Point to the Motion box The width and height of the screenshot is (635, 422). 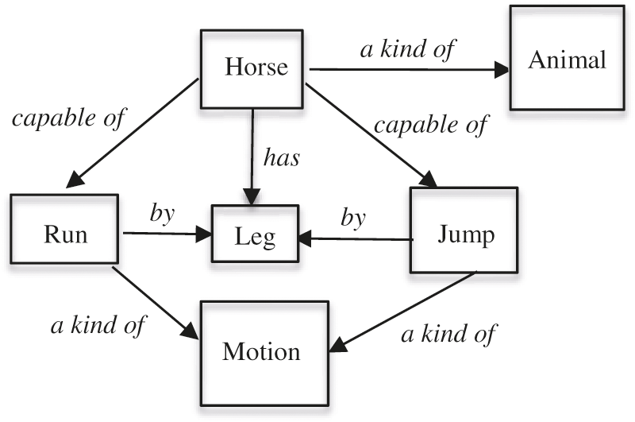[262, 350]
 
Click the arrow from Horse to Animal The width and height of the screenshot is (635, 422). [408, 70]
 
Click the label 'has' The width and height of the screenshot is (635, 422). [282, 157]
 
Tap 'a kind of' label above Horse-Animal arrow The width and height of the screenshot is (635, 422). [407, 49]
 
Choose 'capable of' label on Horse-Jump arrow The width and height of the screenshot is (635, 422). [431, 125]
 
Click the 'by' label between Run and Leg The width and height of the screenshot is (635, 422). [163, 215]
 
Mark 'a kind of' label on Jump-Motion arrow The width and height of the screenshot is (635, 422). [448, 334]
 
